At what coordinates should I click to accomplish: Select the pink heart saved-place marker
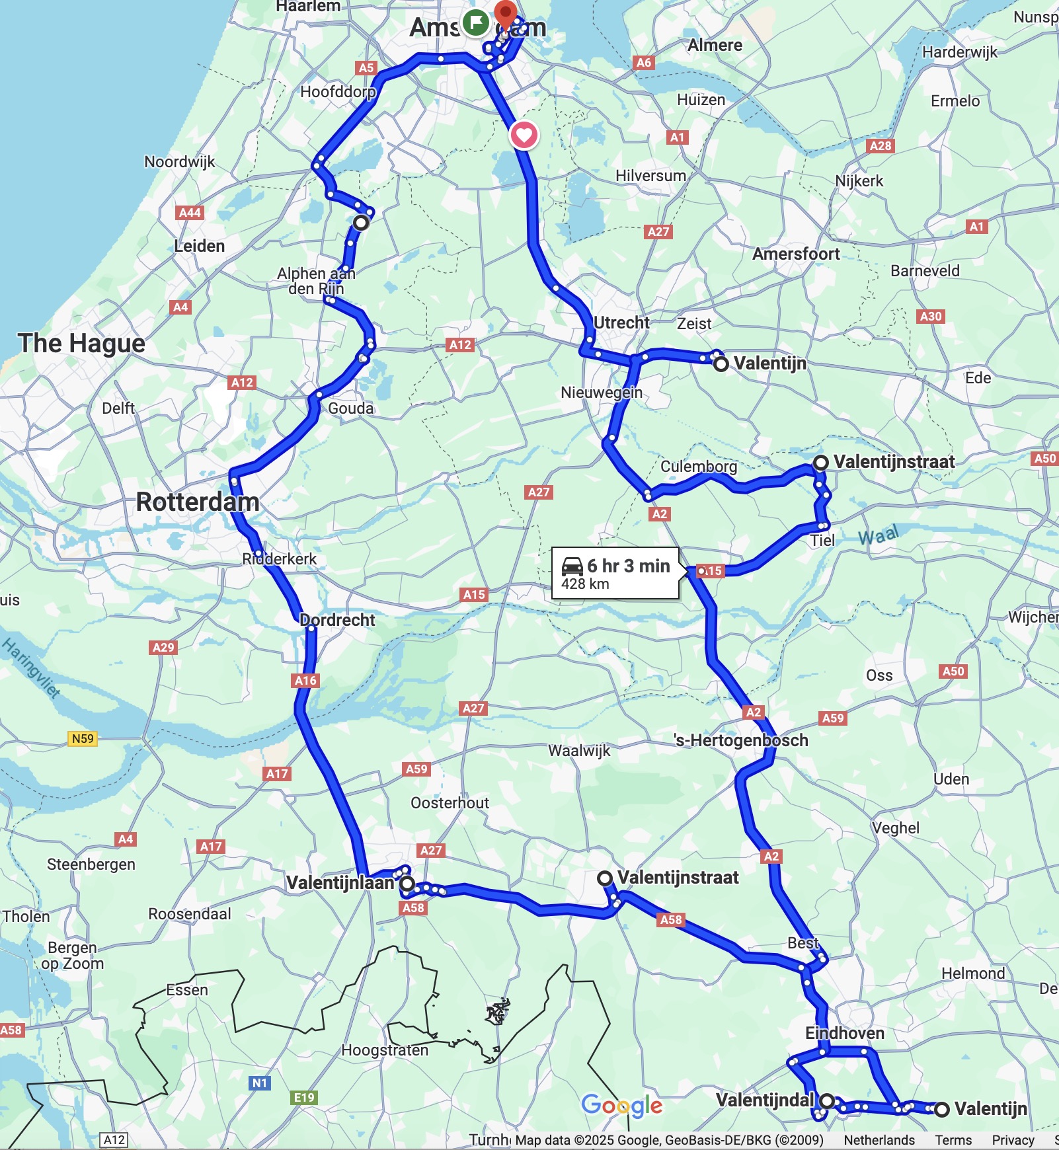(x=524, y=135)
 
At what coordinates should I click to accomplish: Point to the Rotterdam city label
(x=198, y=502)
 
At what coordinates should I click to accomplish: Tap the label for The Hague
(x=81, y=344)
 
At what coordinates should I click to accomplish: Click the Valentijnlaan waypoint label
(x=340, y=883)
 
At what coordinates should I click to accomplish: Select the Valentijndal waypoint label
(x=765, y=1100)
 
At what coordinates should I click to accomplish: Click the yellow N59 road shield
(x=83, y=738)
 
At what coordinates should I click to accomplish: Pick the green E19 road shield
(x=304, y=1098)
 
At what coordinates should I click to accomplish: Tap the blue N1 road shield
(x=260, y=1083)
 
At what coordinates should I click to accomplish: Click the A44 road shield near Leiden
(x=190, y=213)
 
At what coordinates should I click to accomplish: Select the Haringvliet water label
(x=31, y=668)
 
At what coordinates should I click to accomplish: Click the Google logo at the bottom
(x=622, y=1105)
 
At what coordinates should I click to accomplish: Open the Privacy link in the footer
(x=1013, y=1140)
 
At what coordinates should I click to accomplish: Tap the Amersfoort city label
(x=796, y=254)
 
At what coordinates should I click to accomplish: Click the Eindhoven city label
(x=844, y=1033)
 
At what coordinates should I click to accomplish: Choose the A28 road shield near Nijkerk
(x=881, y=146)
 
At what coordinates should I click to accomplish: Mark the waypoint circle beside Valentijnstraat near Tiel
(x=820, y=463)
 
